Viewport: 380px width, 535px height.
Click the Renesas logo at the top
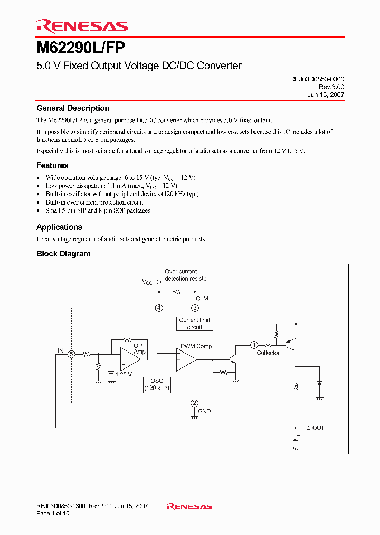(82, 26)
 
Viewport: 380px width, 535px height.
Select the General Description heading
(73, 108)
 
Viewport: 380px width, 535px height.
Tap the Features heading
(52, 165)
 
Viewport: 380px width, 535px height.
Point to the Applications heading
(59, 227)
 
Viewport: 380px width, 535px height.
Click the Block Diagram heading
(63, 254)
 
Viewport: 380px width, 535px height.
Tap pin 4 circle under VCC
(159, 308)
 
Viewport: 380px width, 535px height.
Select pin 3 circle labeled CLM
(195, 308)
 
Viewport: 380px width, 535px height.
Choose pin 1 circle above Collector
(254, 345)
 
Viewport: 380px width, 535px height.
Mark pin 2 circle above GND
(195, 403)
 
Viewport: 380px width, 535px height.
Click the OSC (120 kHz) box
(157, 384)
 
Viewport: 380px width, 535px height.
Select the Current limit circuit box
(195, 324)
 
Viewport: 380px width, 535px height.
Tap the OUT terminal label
(318, 428)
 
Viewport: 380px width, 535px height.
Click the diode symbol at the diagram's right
(319, 382)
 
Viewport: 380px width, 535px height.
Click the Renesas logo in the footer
(189, 506)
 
